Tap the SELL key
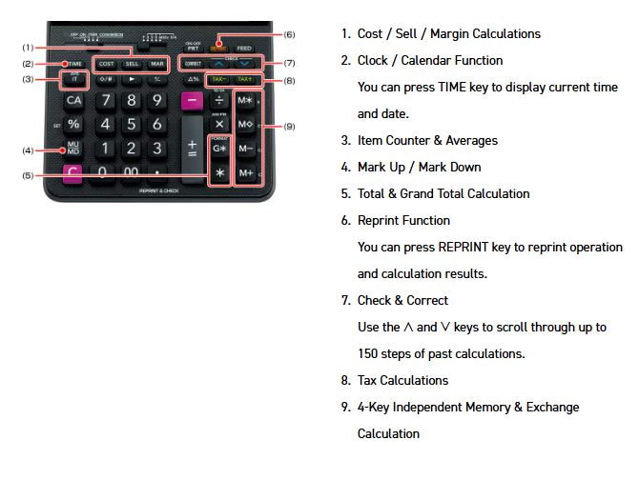coord(132,64)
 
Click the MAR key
coord(156,64)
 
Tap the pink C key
coord(72,173)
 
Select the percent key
coord(73,124)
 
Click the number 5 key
coord(132,124)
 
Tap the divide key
coord(219,100)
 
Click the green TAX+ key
coord(246,79)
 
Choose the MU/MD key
coord(73,150)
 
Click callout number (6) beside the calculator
coord(290,34)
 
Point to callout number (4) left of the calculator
coord(29,150)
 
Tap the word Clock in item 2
coord(375,60)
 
